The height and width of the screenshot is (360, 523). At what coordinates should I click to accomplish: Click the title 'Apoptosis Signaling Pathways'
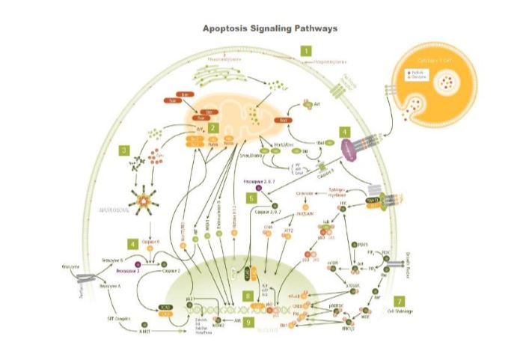[270, 28]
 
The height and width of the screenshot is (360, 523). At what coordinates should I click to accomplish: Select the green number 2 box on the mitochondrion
[213, 128]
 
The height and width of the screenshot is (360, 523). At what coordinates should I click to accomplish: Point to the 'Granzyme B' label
[113, 259]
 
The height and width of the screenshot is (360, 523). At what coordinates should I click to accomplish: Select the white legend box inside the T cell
[415, 75]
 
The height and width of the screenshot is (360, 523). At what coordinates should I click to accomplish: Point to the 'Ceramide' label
[305, 193]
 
